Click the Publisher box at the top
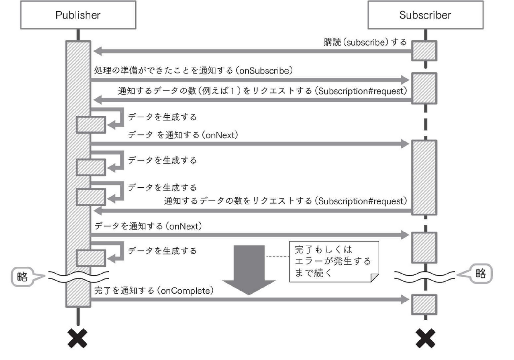tap(78, 16)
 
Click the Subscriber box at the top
tap(425, 16)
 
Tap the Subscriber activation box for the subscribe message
tap(424, 51)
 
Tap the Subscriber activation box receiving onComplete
tap(424, 304)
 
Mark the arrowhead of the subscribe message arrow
tap(97, 51)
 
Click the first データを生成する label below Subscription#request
tap(162, 117)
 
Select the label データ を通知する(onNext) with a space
tap(183, 135)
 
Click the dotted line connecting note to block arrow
tap(277, 256)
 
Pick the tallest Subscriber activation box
tap(424, 177)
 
